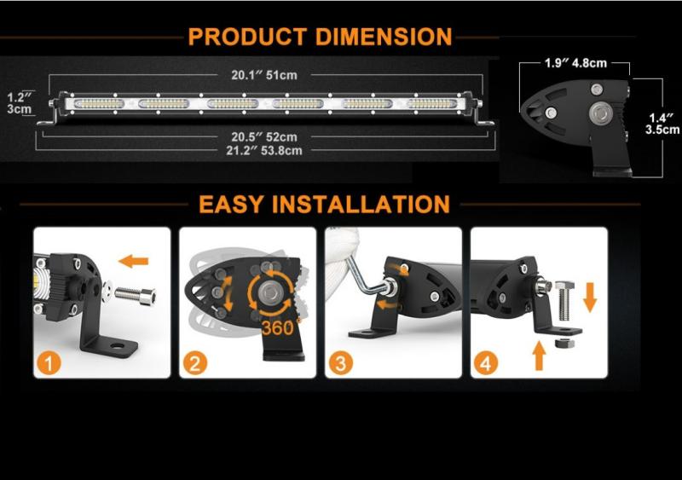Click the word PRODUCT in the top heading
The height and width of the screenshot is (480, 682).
click(247, 37)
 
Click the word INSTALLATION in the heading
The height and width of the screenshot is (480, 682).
click(361, 204)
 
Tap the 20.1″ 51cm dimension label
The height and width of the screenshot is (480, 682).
click(264, 75)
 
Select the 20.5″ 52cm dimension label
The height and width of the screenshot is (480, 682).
click(264, 137)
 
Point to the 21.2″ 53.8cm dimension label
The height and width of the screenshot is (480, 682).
click(264, 151)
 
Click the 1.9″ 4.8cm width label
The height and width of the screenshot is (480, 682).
click(575, 63)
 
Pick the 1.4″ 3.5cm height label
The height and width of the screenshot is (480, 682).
click(662, 124)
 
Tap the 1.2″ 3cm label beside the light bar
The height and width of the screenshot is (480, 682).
click(20, 103)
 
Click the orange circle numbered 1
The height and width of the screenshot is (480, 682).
click(49, 363)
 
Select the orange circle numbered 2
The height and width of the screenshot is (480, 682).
click(194, 363)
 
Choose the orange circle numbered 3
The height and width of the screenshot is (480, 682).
click(340, 363)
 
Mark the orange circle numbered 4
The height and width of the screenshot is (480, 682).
click(486, 363)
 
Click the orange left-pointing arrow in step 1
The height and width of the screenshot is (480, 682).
click(134, 261)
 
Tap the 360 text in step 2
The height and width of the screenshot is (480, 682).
click(278, 327)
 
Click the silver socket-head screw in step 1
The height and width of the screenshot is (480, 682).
click(136, 296)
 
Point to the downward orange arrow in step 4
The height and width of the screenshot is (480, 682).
click(590, 298)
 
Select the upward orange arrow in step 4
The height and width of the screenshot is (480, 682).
click(540, 356)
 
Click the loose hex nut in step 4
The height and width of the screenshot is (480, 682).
click(564, 343)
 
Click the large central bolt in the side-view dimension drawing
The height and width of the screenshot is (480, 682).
click(601, 113)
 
